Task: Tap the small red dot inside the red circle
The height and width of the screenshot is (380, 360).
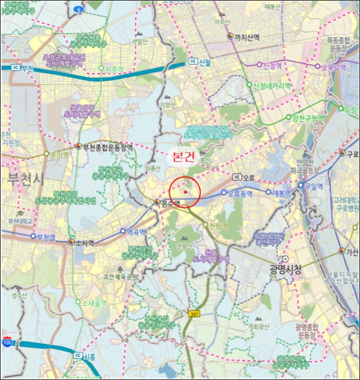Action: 186,192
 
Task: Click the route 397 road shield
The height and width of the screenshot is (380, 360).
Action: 194,314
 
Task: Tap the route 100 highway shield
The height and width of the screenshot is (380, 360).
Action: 7,343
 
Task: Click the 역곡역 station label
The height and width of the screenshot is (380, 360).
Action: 136,232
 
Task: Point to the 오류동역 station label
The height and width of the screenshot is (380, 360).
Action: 240,193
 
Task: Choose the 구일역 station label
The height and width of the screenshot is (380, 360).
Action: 313,186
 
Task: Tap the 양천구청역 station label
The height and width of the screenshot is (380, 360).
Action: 307,117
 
